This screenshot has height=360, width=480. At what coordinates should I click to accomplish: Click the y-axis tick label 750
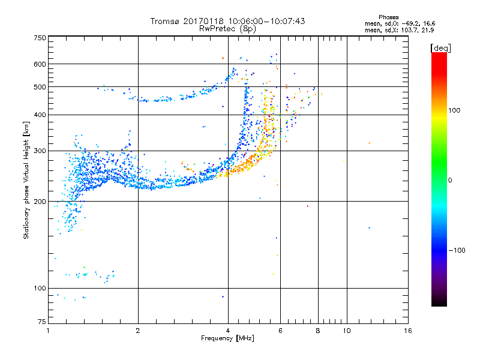(x=40, y=37)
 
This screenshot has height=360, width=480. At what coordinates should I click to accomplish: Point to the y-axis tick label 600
(x=40, y=64)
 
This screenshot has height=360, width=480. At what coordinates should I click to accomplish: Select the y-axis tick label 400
(x=40, y=115)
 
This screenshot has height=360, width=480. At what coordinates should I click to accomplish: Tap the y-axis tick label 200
(x=40, y=201)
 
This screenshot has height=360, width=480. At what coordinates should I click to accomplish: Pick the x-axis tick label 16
(x=408, y=331)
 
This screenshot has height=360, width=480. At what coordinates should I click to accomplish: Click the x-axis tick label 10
(x=346, y=331)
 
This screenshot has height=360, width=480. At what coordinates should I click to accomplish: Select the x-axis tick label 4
(x=228, y=331)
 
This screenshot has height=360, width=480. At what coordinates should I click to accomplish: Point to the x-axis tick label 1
(x=48, y=331)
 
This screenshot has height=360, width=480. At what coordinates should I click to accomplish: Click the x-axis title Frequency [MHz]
(x=227, y=338)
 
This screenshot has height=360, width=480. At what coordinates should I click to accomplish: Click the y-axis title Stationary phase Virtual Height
(x=26, y=180)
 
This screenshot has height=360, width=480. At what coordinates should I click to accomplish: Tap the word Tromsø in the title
(x=165, y=21)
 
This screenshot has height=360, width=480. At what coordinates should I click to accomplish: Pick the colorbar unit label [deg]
(x=441, y=47)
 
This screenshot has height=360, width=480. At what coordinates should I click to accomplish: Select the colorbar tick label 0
(x=451, y=180)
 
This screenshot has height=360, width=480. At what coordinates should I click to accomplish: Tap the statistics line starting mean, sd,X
(x=398, y=29)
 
